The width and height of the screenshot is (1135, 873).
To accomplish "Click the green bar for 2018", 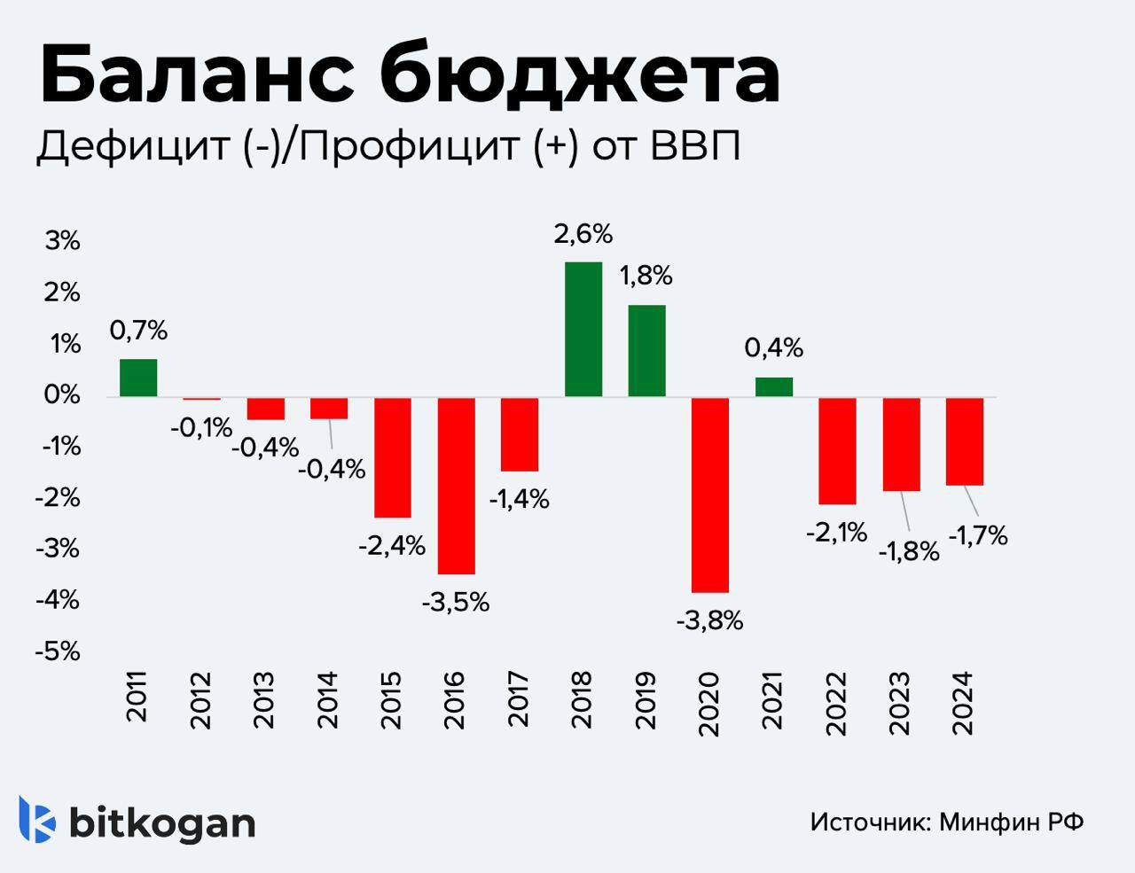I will tap(583, 329).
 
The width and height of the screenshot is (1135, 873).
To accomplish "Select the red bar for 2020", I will tap(710, 494).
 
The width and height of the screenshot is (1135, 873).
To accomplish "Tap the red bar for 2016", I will tap(456, 485).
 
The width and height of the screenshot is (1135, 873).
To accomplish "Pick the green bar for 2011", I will tap(138, 378).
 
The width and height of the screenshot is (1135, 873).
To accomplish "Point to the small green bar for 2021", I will tap(773, 386).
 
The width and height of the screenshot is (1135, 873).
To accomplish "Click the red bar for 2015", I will tap(392, 456).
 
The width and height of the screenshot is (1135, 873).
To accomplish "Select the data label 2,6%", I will tap(583, 235).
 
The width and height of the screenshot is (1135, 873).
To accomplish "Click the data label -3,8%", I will tap(709, 621).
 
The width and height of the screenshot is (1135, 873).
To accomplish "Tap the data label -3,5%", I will tap(455, 604).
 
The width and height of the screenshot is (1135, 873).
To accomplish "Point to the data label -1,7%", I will tap(978, 535).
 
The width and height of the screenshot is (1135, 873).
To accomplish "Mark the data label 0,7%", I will tap(138, 331).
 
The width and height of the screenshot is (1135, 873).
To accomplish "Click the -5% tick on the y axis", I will tap(58, 652).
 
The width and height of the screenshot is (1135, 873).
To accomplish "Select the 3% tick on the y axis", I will tap(62, 241).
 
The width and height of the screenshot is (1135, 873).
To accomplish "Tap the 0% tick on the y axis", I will tap(62, 395).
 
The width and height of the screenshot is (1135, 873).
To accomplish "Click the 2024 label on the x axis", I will tap(963, 701).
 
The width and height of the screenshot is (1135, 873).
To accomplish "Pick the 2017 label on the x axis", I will tap(519, 699).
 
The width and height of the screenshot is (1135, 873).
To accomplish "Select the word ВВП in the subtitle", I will tap(695, 146).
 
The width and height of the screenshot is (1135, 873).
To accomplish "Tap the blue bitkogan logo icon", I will tap(37, 820).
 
